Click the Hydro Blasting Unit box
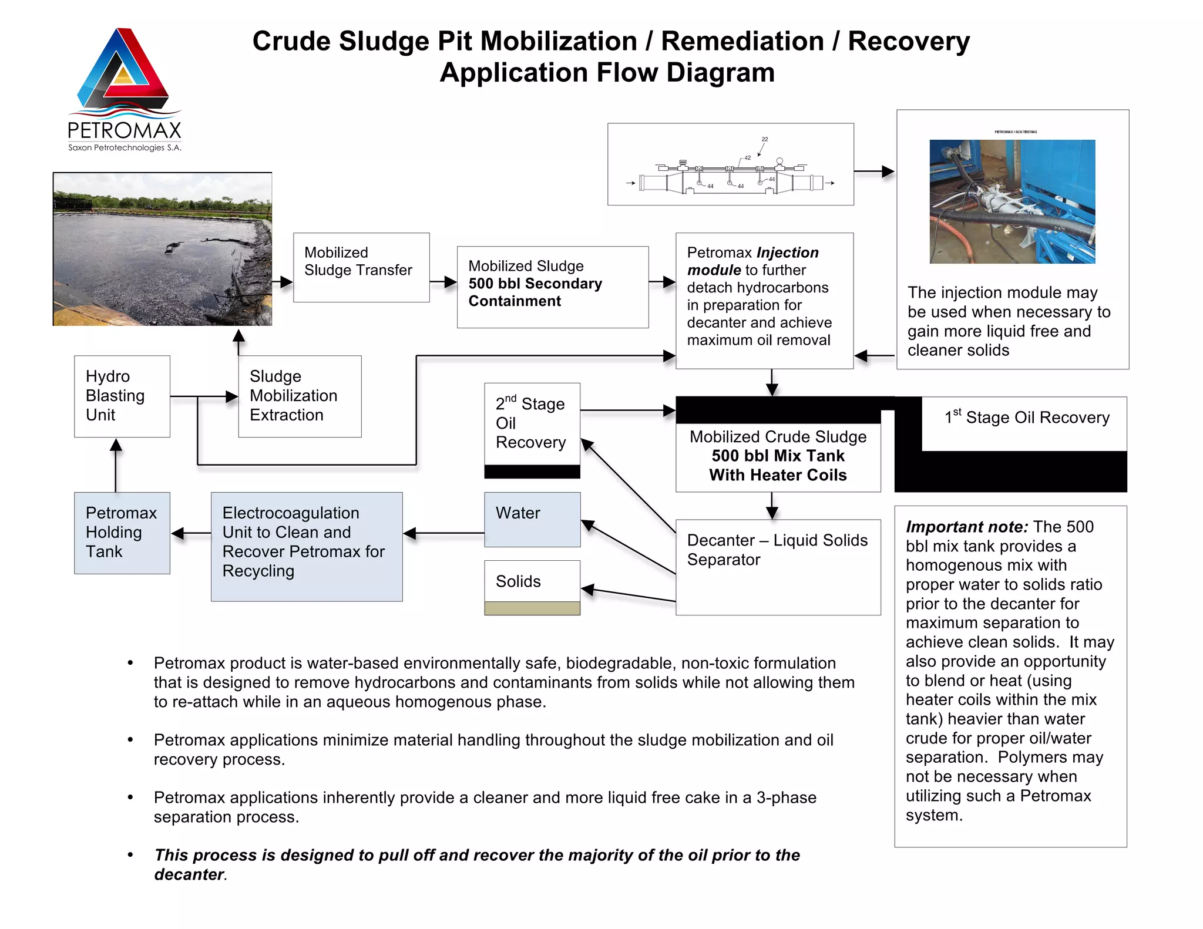tap(122, 396)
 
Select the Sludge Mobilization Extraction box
tap(300, 396)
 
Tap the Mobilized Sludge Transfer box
tap(361, 267)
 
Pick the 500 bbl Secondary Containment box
tap(552, 287)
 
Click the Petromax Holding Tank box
tap(122, 533)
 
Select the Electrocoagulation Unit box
tap(306, 546)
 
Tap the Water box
tap(532, 519)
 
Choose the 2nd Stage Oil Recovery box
tap(532, 423)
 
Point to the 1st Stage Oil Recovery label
tap(1027, 418)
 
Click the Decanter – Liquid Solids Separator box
tap(777, 566)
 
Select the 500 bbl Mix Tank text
tap(777, 456)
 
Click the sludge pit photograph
tap(162, 249)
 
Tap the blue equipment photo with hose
tap(1012, 201)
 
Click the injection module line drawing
tap(730, 164)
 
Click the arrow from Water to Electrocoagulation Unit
tap(444, 533)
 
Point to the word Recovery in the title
tap(908, 42)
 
